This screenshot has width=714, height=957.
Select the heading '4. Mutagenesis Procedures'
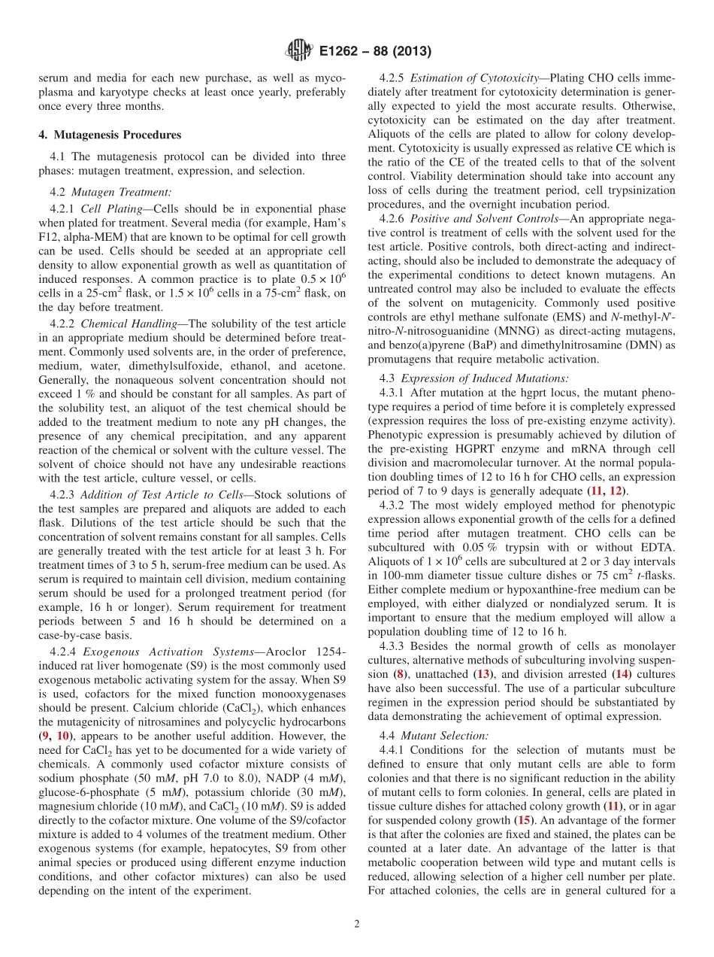pyautogui.click(x=110, y=135)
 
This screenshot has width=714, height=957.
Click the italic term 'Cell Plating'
pyautogui.click(x=113, y=208)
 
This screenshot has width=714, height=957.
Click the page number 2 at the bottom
pyautogui.click(x=356, y=924)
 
